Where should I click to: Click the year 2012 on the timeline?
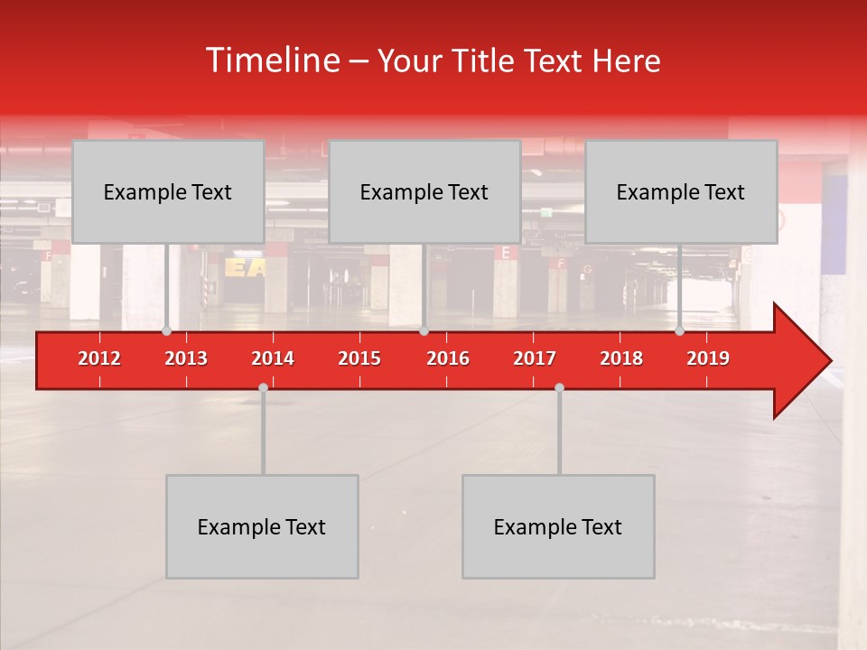[x=99, y=358]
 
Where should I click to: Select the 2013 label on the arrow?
[x=186, y=358]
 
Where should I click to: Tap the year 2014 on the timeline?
[x=273, y=358]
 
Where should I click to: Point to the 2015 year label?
[x=359, y=358]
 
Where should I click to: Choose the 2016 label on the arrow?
[x=448, y=358]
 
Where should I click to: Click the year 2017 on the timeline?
[x=535, y=358]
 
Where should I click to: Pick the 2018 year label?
[x=621, y=358]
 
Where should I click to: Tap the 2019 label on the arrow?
[x=708, y=358]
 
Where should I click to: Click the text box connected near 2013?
[x=168, y=191]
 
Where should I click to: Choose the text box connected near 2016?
[x=424, y=191]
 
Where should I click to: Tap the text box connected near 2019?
[x=681, y=191]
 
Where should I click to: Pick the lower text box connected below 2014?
[x=262, y=526]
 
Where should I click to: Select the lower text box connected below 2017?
[x=558, y=526]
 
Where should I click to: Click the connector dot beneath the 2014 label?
[x=263, y=387]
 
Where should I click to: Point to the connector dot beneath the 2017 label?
[x=559, y=387]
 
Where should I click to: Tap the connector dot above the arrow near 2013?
[x=166, y=331]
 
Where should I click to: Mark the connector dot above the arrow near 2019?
[x=679, y=331]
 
